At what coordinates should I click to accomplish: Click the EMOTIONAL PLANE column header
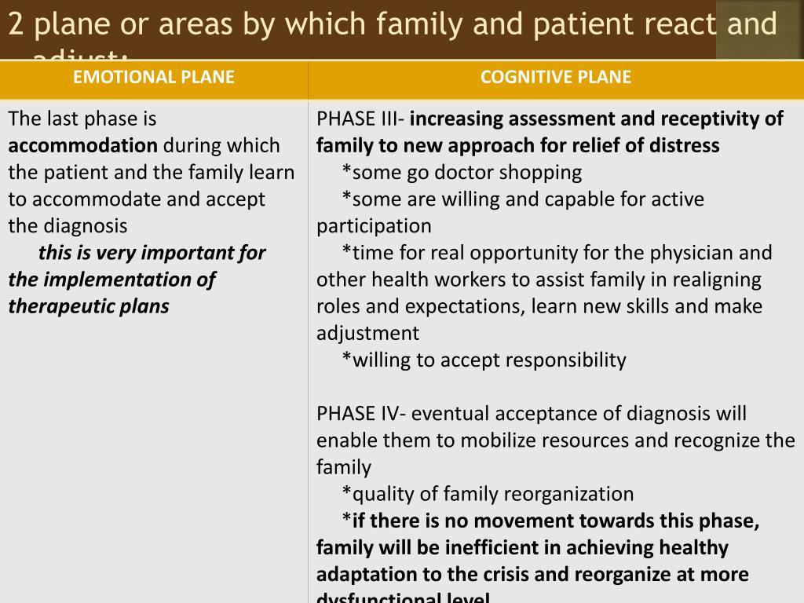click(x=154, y=77)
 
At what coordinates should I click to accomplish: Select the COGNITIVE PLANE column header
click(x=556, y=77)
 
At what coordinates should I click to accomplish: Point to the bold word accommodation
click(x=83, y=146)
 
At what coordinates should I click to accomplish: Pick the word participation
click(x=374, y=227)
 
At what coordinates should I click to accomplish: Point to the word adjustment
click(x=367, y=334)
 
